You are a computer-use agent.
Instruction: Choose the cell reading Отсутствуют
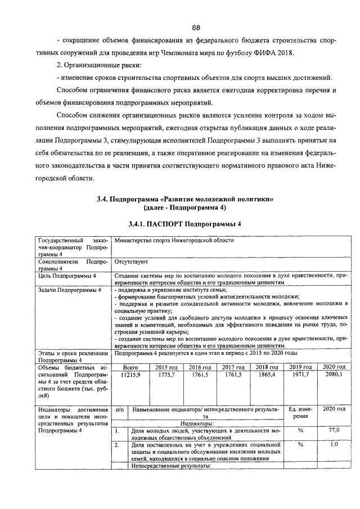[130, 262]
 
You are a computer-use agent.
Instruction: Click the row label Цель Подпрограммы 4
[66, 276]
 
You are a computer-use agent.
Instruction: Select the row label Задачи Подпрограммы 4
[69, 290]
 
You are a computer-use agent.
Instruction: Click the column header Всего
[130, 367]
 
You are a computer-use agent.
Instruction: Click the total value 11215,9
[130, 375]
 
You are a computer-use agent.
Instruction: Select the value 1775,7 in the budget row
[166, 375]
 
